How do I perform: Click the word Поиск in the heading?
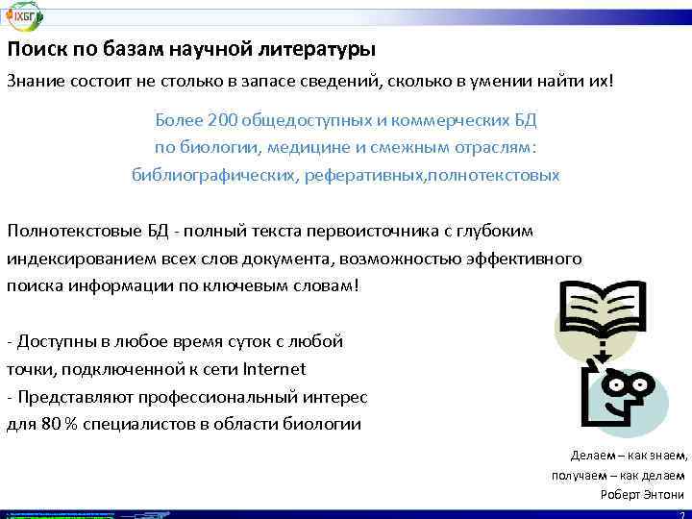pyautogui.click(x=34, y=49)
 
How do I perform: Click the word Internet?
pyautogui.click(x=273, y=368)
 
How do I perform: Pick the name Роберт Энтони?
pyautogui.click(x=642, y=494)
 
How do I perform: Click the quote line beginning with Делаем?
pyautogui.click(x=629, y=456)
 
